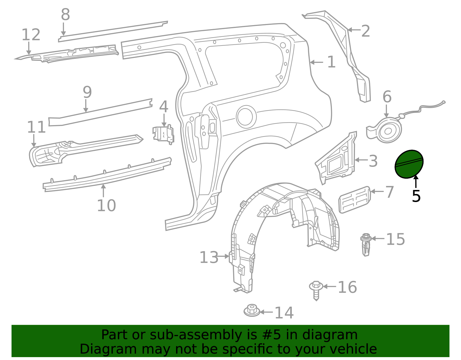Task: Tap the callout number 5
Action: point(416,196)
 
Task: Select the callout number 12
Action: point(31,35)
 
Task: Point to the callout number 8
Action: point(65,15)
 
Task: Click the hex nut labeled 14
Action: point(252,310)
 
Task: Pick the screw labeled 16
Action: point(316,290)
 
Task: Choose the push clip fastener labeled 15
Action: point(365,244)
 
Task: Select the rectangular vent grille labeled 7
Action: point(354,199)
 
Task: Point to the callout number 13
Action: point(209,257)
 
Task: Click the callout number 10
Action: point(106,206)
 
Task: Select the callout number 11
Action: point(36,127)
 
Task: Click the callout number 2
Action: point(365,31)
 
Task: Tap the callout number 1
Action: point(331,62)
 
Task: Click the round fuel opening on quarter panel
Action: point(246,117)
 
